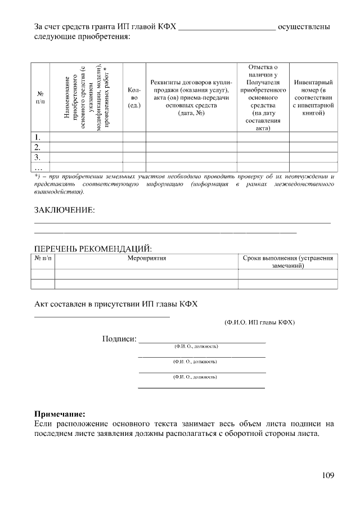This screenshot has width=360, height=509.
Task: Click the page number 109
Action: pyautogui.click(x=328, y=475)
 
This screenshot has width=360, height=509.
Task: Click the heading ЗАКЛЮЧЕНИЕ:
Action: pyautogui.click(x=65, y=210)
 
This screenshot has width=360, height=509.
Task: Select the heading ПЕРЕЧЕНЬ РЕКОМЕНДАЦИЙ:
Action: pyautogui.click(x=93, y=248)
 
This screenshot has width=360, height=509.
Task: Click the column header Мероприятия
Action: pyautogui.click(x=146, y=258)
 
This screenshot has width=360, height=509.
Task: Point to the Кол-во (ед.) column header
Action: pyautogui.click(x=134, y=97)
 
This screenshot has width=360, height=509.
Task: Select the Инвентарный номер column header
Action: pyautogui.click(x=313, y=97)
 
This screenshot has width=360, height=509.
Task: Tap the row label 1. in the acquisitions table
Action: pyautogui.click(x=38, y=137)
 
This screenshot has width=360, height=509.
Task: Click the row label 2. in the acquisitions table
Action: pyautogui.click(x=38, y=147)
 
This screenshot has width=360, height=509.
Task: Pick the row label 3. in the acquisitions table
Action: pyautogui.click(x=38, y=157)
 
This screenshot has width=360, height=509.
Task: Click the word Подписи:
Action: pyautogui.click(x=119, y=339)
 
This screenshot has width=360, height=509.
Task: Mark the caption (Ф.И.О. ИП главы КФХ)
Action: pyautogui.click(x=259, y=322)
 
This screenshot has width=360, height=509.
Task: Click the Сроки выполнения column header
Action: pyautogui.click(x=288, y=262)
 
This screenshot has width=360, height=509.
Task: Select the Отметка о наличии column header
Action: pyautogui.click(x=263, y=97)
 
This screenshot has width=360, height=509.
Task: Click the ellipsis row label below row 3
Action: pyautogui.click(x=38, y=167)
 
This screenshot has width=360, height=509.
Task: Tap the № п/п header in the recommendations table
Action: pyautogui.click(x=42, y=258)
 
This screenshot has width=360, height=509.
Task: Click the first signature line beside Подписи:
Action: pyautogui.click(x=202, y=341)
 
